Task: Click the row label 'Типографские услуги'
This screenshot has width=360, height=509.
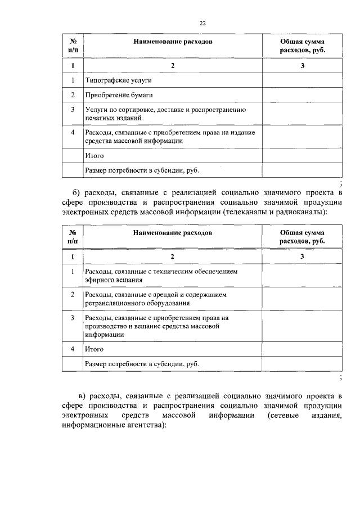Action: point(110,80)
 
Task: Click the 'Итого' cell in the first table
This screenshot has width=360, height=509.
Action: point(94,156)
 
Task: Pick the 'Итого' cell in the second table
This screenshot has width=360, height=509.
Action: point(94,349)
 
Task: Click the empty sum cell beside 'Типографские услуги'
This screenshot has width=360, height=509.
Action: point(302,80)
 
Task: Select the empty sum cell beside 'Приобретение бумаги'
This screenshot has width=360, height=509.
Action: point(302,95)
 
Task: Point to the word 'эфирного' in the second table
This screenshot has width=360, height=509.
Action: point(99,280)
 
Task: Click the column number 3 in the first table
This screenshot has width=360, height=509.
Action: point(302,66)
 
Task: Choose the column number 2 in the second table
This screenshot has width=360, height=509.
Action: point(173,256)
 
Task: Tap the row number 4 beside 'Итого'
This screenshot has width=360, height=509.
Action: point(73,349)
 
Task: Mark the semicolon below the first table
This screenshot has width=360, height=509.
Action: point(341,183)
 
